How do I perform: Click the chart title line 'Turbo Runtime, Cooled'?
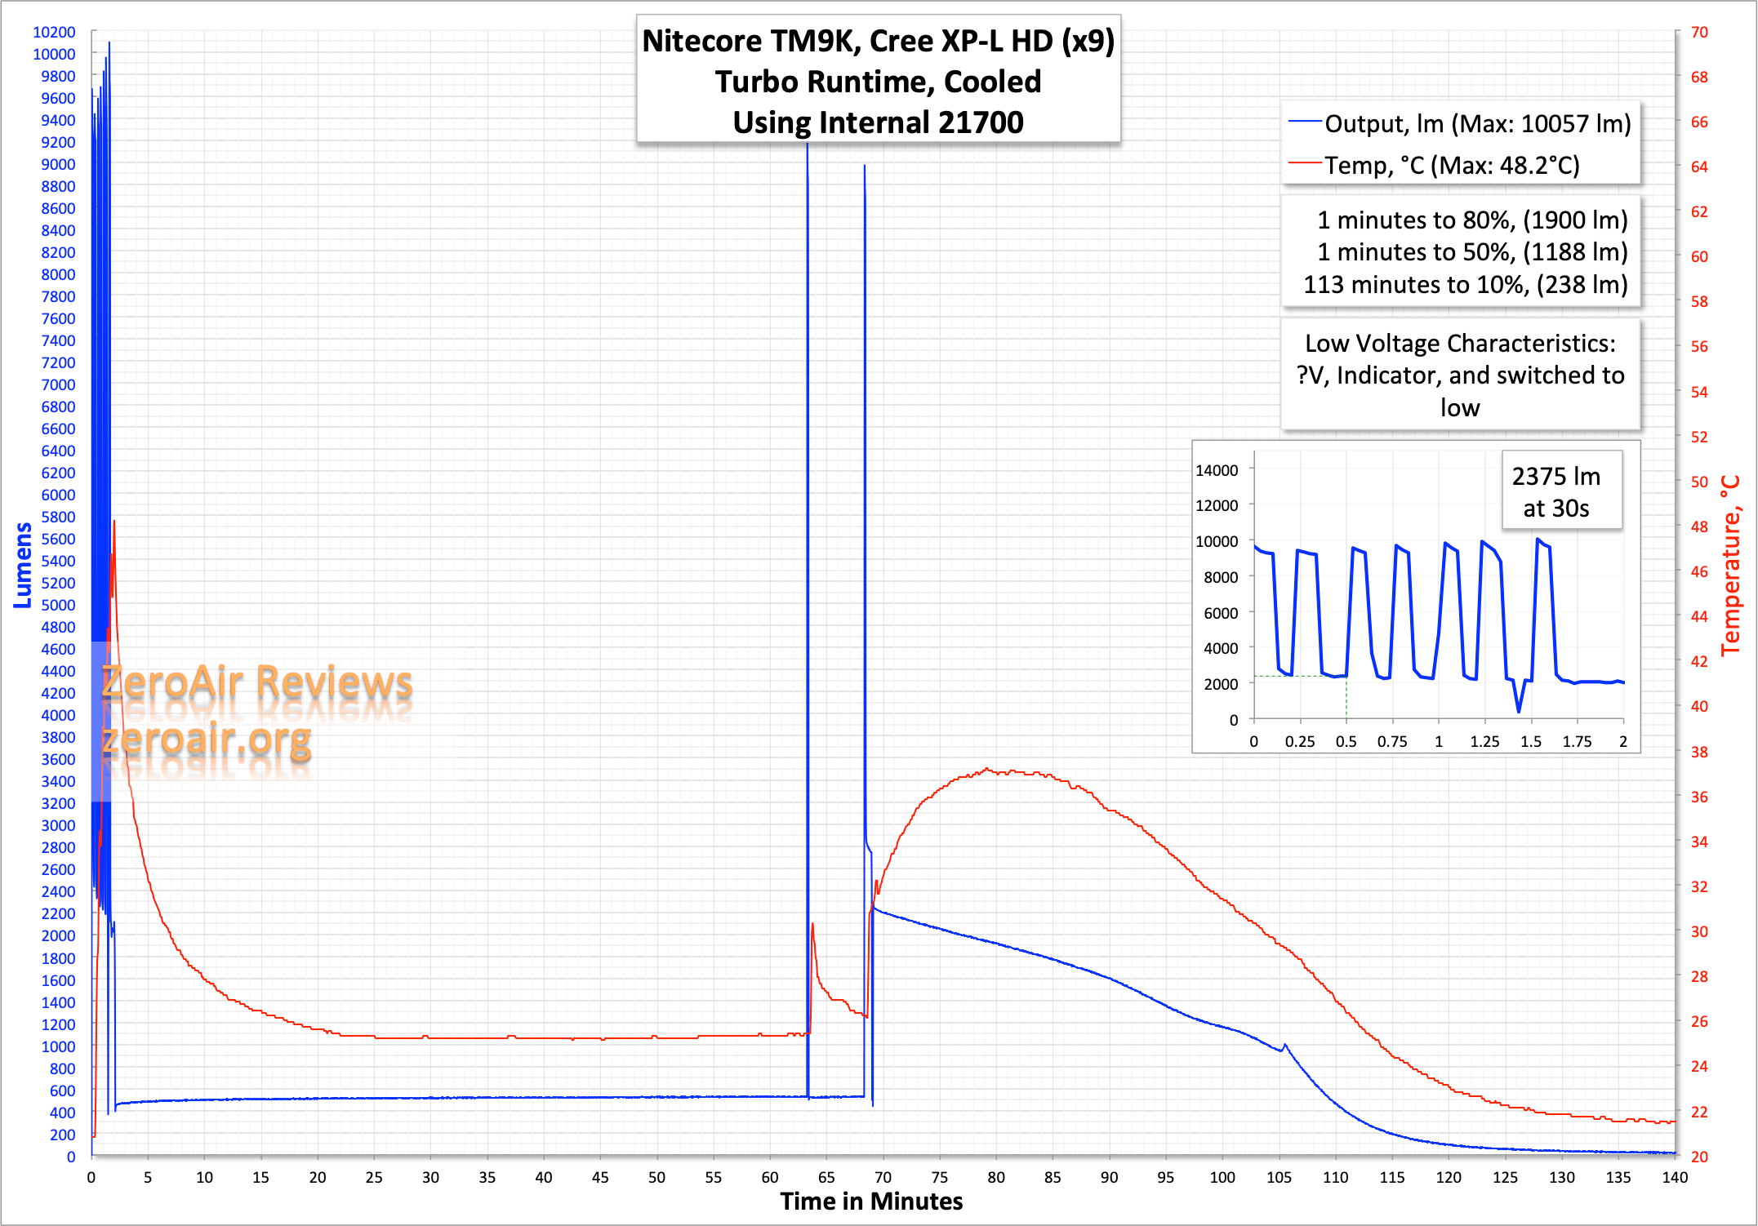click(x=878, y=82)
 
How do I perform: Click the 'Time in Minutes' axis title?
click(x=871, y=1202)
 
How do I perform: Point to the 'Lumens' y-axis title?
click(x=23, y=565)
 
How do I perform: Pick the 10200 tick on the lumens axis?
click(x=54, y=32)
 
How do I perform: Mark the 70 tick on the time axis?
click(x=883, y=1177)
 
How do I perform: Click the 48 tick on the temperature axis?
click(x=1699, y=526)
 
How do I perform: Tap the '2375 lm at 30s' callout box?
click(x=1556, y=491)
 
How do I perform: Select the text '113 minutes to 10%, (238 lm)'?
click(x=1465, y=285)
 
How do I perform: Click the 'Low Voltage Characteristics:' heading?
click(x=1460, y=344)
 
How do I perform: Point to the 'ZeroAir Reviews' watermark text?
click(x=256, y=682)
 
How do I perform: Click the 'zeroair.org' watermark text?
click(x=207, y=739)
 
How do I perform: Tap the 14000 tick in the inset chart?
click(x=1217, y=470)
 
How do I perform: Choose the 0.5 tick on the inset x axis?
click(x=1346, y=741)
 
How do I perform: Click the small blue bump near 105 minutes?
click(x=1284, y=1045)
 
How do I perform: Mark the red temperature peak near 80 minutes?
click(x=987, y=769)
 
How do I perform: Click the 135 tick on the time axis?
click(x=1618, y=1177)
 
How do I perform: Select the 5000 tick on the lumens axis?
click(x=58, y=605)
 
